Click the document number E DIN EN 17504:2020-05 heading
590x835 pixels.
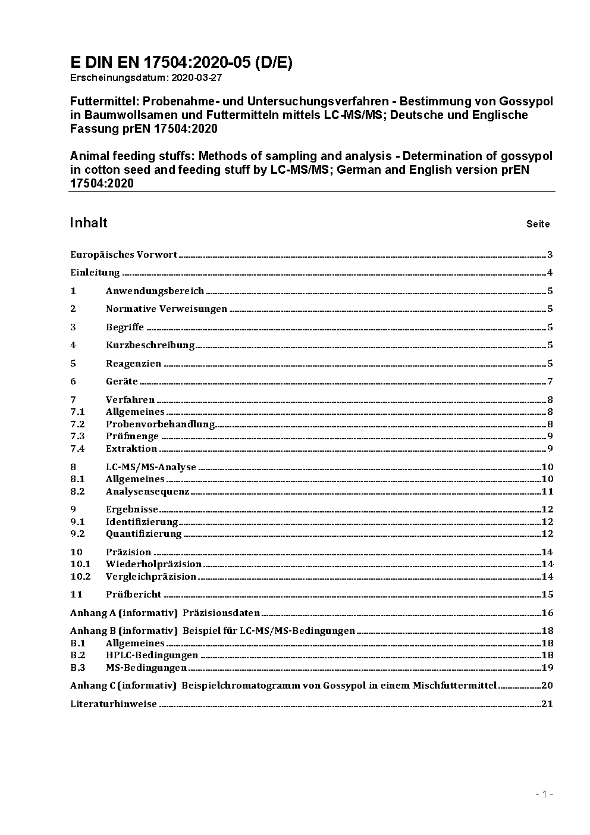181,62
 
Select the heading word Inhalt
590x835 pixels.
89,223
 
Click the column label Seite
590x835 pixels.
538,224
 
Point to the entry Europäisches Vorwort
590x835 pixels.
124,255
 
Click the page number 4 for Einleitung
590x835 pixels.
550,273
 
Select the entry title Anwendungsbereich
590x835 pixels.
155,291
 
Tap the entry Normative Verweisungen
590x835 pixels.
167,309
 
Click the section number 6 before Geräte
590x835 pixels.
73,381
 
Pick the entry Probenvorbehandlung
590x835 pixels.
160,424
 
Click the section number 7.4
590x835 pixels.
77,449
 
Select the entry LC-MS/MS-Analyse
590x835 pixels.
151,467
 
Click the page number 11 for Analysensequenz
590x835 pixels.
547,492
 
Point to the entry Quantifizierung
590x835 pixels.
144,534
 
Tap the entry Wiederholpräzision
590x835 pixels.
153,564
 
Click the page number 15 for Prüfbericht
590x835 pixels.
547,595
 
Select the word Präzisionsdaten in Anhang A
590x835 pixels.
221,613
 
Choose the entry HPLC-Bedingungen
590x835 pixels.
152,655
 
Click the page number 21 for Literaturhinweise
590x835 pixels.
547,704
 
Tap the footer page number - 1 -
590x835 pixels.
545,794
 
